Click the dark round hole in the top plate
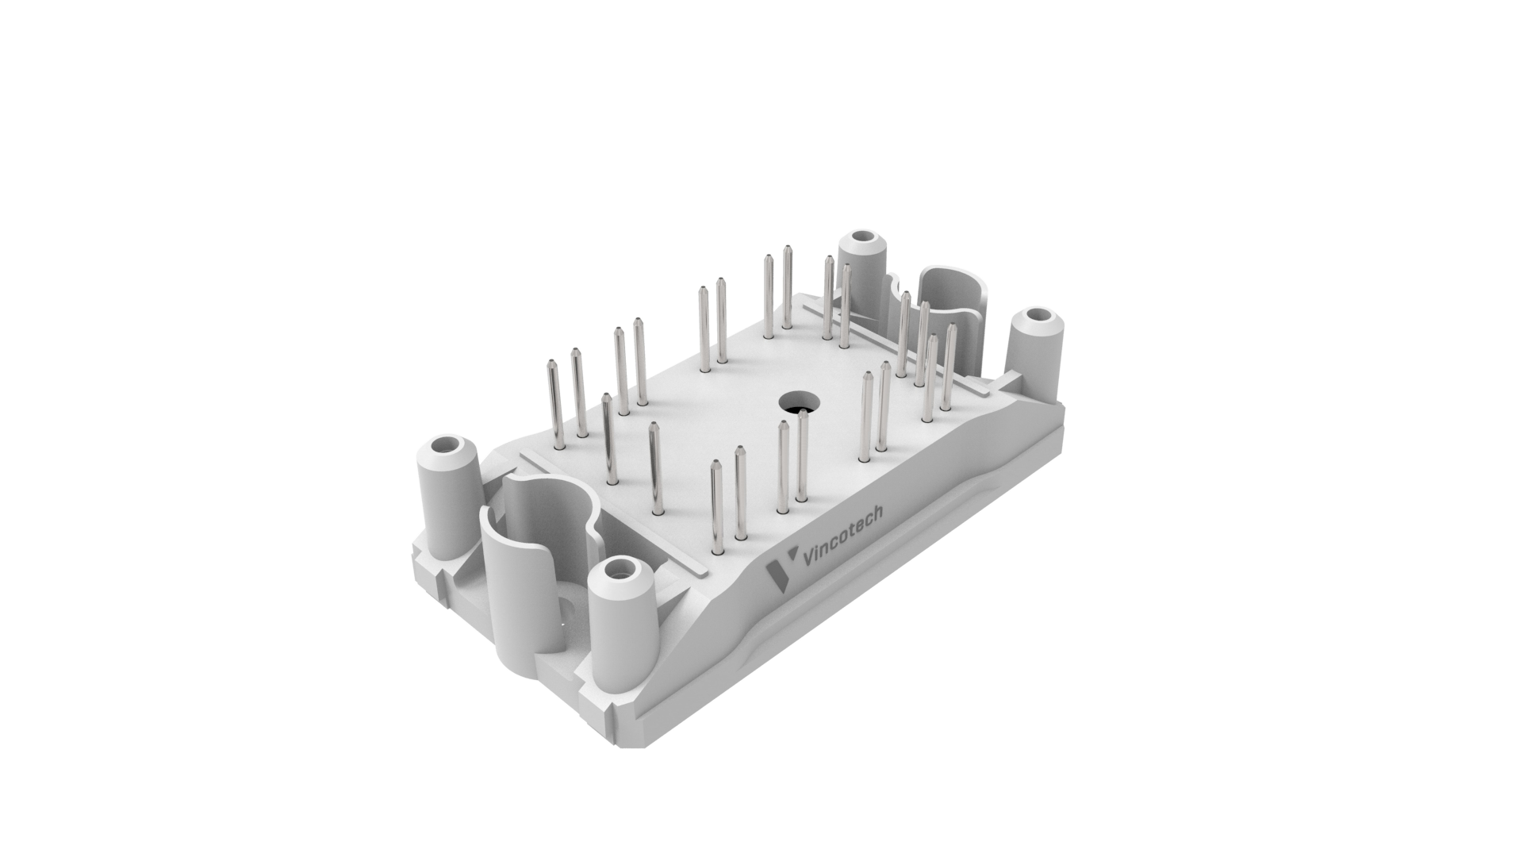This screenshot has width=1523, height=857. coord(796,402)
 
